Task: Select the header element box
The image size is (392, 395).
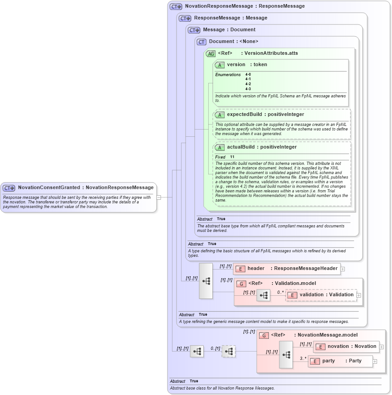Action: click(286, 268)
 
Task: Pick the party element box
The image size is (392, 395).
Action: click(341, 361)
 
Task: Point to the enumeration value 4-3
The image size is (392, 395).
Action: click(248, 89)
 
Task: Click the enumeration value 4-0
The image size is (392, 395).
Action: click(248, 74)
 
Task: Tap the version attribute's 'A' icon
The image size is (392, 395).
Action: click(220, 65)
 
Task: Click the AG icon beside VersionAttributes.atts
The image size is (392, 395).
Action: click(211, 53)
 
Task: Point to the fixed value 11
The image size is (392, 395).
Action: click(232, 157)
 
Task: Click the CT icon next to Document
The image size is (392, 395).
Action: click(201, 42)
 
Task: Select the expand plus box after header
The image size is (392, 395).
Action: click(343, 269)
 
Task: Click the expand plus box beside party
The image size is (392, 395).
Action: click(376, 361)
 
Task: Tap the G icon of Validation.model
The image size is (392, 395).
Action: click(241, 284)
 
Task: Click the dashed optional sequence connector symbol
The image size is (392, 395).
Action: click(229, 351)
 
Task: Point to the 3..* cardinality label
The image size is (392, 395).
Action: click(303, 358)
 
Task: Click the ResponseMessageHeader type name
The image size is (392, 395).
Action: click(306, 268)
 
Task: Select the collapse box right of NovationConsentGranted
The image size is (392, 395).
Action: click(158, 197)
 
